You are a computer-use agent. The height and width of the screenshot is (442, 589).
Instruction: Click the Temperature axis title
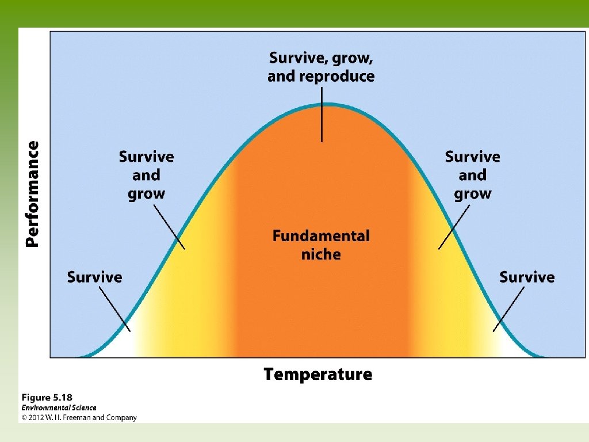point(318,374)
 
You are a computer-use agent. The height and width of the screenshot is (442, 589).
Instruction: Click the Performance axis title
point(32,194)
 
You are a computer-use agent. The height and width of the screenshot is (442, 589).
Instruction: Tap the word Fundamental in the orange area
point(321,236)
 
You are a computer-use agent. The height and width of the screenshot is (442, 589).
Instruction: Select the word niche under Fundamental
point(321,254)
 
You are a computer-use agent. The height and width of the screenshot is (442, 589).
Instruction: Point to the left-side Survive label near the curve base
point(95,277)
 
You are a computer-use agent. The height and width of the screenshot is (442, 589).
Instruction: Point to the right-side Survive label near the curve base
point(527,277)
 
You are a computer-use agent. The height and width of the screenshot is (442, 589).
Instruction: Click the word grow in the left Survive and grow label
point(147,195)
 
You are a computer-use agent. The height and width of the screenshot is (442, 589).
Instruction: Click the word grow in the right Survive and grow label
point(473,195)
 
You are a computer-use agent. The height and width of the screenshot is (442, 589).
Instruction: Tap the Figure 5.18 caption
point(47,398)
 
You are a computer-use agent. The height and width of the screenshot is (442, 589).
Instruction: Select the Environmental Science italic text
point(59,408)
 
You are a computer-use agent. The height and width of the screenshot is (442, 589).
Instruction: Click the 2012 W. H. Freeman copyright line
point(79,418)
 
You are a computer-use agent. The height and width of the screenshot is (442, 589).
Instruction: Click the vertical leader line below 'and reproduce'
point(322,115)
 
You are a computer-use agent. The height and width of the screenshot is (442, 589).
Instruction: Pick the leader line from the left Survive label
point(115,309)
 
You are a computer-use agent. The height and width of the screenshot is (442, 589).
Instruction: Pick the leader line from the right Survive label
point(508,309)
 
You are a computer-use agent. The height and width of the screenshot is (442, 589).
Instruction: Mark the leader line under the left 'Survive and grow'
point(169,227)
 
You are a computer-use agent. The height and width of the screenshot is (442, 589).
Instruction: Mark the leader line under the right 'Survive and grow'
point(454,227)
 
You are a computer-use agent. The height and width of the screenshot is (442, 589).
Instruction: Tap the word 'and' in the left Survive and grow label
point(147,175)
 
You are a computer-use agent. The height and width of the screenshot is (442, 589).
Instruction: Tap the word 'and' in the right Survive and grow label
point(473,175)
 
